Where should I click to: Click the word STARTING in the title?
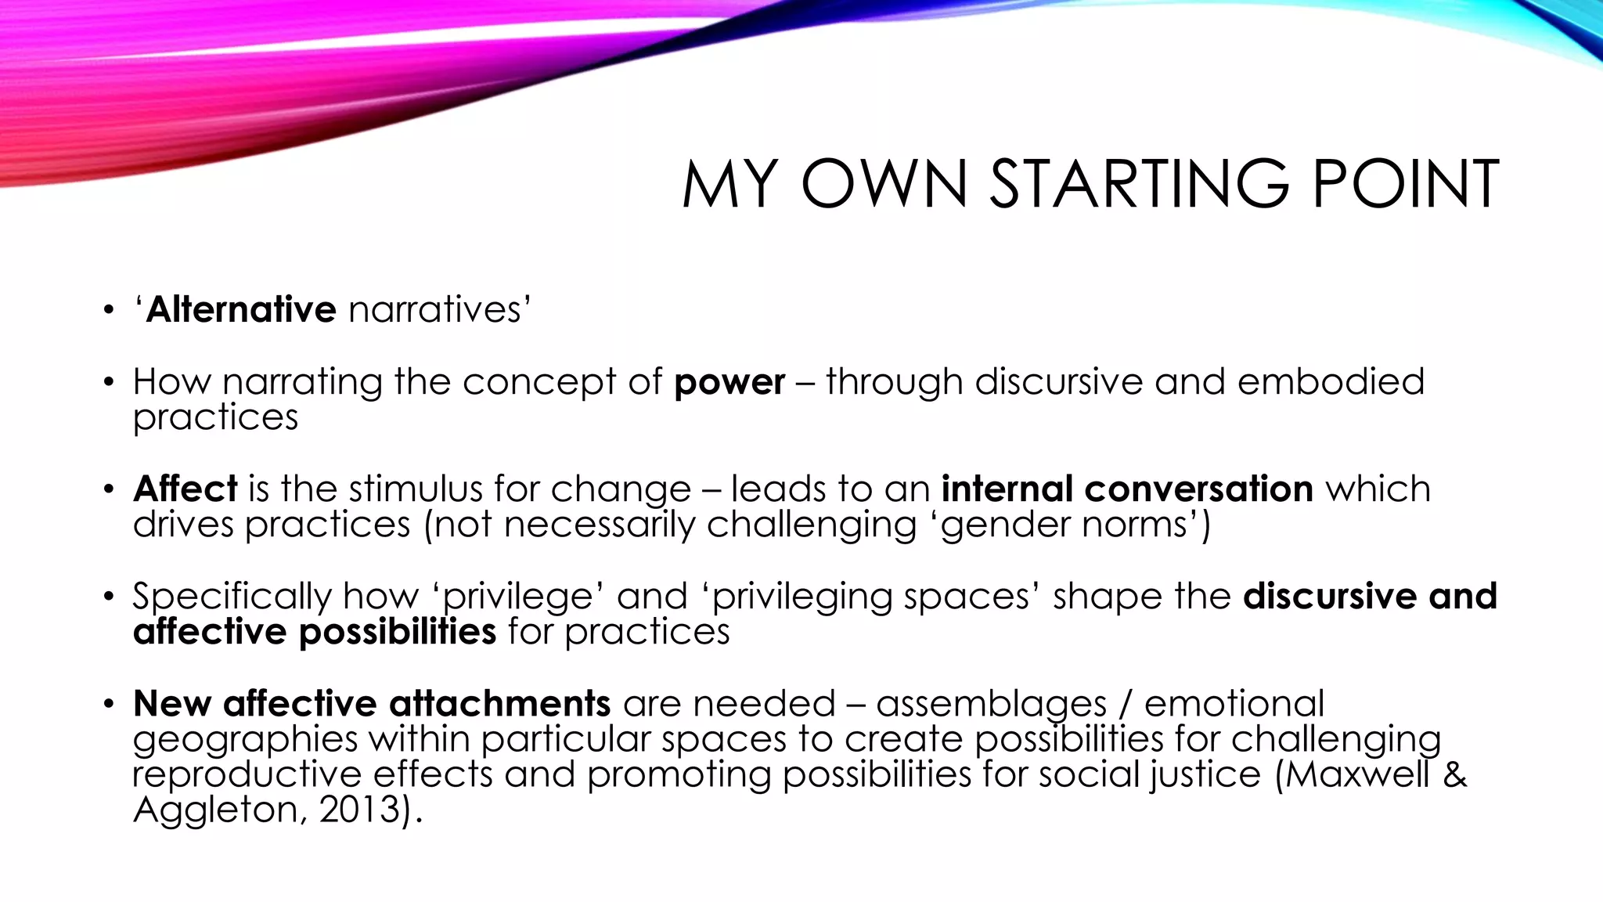tap(1139, 184)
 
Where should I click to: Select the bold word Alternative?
tap(241, 309)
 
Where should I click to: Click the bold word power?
tap(729, 382)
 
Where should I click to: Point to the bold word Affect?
tap(186, 489)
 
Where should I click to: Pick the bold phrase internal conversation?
tap(1127, 489)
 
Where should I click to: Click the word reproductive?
tap(247, 774)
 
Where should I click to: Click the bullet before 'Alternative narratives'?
tap(108, 311)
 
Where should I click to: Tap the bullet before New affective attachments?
tap(108, 704)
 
